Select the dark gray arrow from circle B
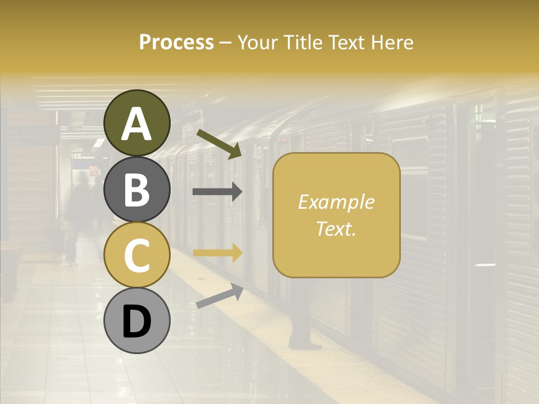217,192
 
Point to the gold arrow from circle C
217,253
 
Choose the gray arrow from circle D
220,296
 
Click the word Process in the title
176,43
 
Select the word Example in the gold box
336,202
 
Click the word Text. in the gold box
336,228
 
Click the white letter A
137,125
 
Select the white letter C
137,256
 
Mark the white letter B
137,190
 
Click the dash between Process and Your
226,43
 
